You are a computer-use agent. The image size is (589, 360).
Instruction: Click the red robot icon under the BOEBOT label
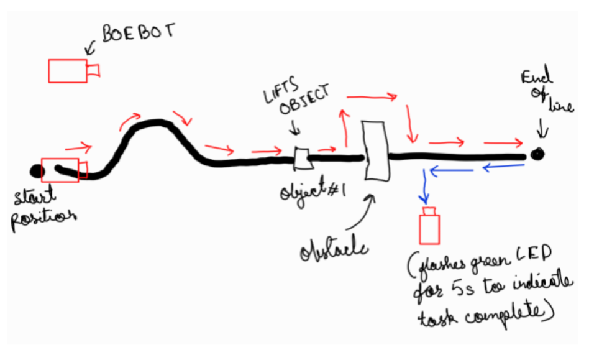(73, 70)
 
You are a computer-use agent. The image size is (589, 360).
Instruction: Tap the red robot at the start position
(63, 170)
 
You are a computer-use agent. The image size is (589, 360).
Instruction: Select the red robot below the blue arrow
(429, 228)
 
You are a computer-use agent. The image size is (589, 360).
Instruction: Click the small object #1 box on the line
(301, 159)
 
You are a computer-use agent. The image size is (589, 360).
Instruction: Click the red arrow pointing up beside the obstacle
(342, 127)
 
